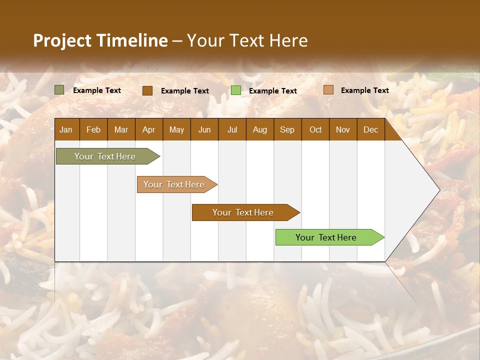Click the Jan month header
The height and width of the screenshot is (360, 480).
(66, 129)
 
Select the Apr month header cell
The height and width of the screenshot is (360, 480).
(149, 129)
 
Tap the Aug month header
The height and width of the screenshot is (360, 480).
(260, 129)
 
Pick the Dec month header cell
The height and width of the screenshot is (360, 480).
(371, 129)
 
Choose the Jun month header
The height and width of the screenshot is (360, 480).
(204, 129)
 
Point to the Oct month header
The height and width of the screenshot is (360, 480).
(315, 129)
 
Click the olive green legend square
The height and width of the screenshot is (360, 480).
(59, 90)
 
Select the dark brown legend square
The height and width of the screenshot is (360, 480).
(147, 90)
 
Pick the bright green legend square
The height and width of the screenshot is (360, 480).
(236, 90)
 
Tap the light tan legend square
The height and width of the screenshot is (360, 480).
(328, 90)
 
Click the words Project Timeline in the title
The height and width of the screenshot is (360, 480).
(100, 40)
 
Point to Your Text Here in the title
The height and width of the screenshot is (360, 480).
(247, 40)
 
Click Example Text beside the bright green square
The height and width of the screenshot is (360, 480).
(273, 91)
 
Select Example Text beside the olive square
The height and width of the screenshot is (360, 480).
(97, 90)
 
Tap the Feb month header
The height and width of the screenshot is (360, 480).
(93, 129)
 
